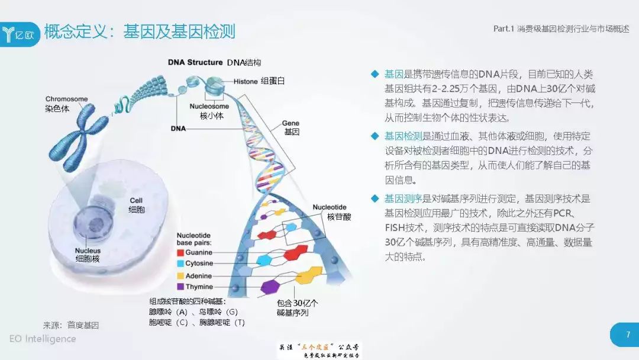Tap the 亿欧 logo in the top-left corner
pos(21,33)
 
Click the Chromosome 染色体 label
pos(66,104)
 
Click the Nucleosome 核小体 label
pos(211,111)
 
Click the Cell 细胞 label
pos(137,205)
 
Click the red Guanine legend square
pos(180,252)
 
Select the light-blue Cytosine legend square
pos(180,263)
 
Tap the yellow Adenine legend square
pos(180,275)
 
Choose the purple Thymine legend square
pos(180,287)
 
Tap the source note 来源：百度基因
pos(70,325)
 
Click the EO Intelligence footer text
pos(43,339)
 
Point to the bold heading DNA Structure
pos(195,62)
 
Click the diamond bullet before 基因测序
pos(374,198)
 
